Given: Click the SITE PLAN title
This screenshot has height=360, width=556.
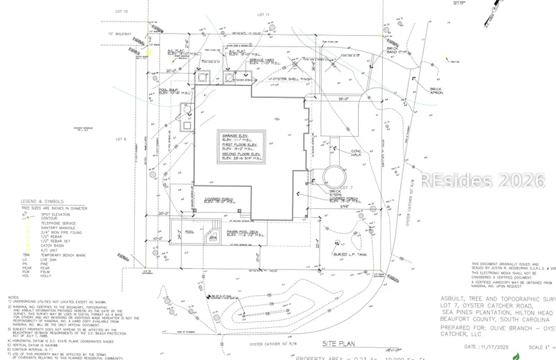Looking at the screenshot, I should [335, 342].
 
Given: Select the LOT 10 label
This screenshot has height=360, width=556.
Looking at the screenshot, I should [121, 11].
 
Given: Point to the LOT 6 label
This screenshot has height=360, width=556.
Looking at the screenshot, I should [121, 140].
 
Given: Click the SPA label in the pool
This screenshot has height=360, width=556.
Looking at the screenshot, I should [212, 238].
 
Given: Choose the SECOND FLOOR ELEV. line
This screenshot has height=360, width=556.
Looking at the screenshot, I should [241, 154].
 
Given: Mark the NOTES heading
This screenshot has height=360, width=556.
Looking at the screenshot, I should [13, 297].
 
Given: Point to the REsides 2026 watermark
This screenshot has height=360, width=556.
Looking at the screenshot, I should [483, 181].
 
